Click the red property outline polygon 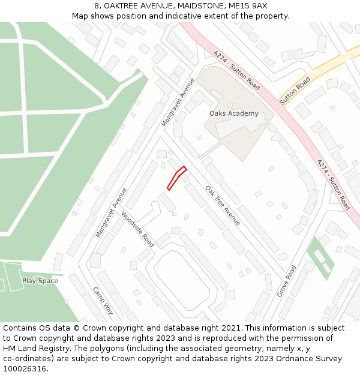[176, 178]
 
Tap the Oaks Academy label [233, 113]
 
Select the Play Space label [40, 281]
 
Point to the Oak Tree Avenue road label [223, 206]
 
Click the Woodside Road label [137, 229]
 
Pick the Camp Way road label [103, 301]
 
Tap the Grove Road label [287, 281]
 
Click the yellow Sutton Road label [295, 90]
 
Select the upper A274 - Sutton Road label [236, 70]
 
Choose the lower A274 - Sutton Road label [333, 184]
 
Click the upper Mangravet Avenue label [178, 102]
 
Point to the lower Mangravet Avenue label [112, 212]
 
